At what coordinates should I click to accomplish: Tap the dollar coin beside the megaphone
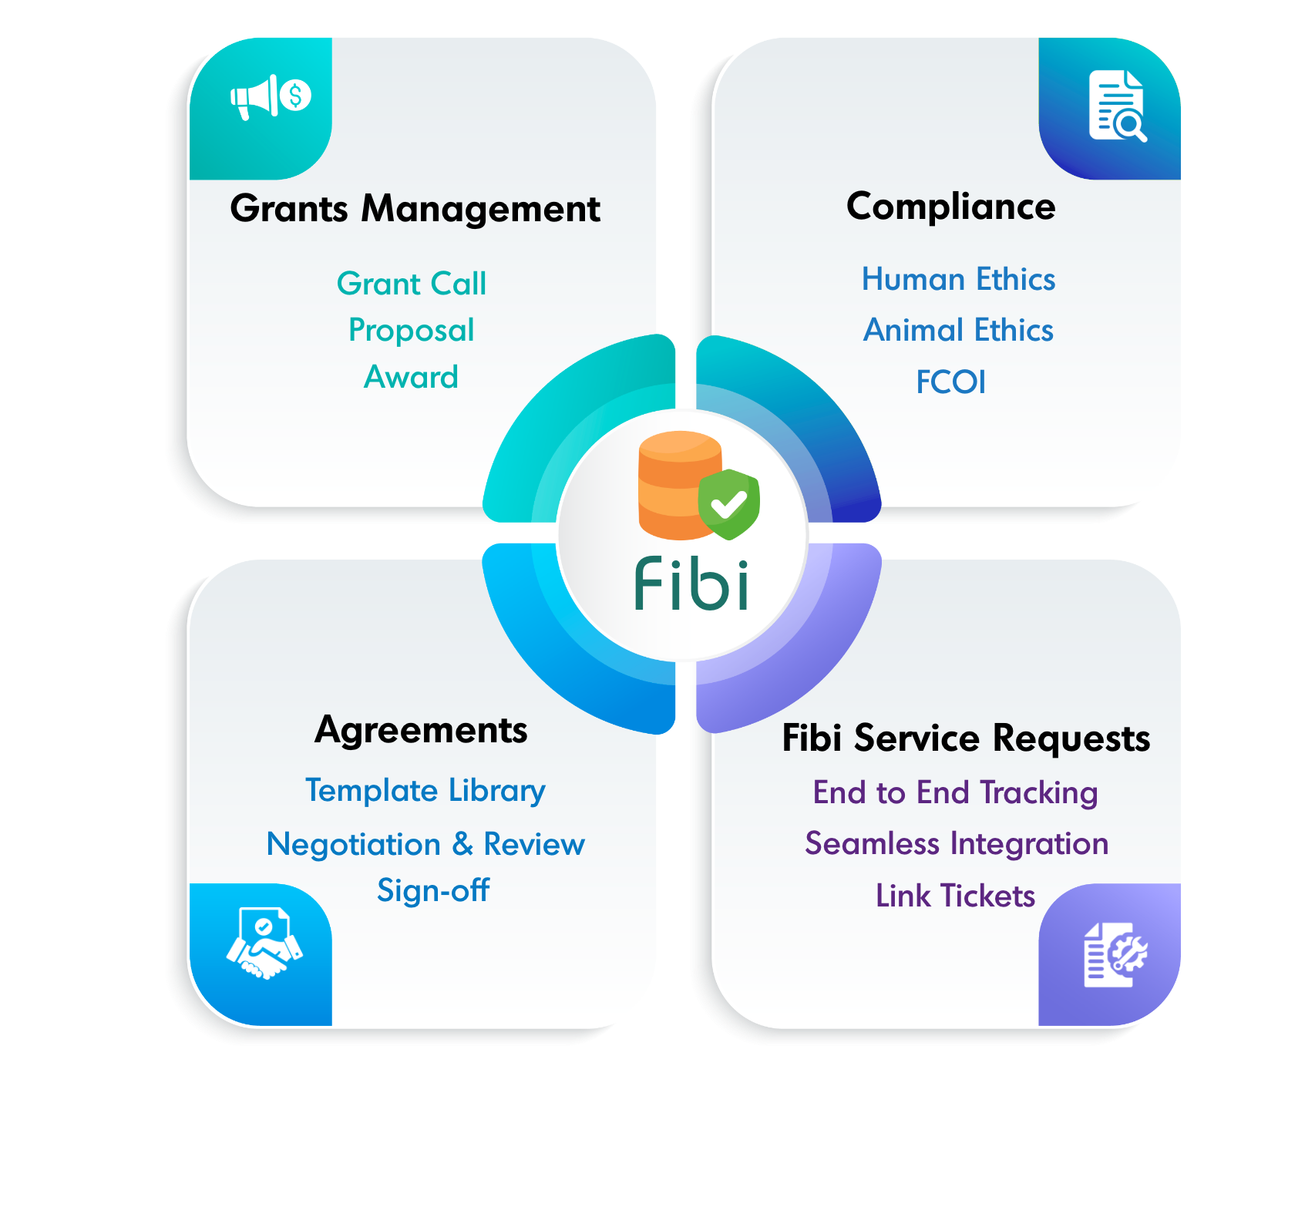(295, 96)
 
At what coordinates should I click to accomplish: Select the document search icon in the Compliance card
(1118, 106)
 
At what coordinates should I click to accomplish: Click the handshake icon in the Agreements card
(264, 943)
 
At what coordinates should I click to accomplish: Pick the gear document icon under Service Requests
(1115, 954)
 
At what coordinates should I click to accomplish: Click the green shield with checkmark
(728, 504)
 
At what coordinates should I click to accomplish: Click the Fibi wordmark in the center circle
(691, 583)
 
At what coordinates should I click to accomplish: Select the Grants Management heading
(415, 209)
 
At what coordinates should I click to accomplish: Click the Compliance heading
(951, 207)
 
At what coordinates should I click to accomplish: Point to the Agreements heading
(422, 730)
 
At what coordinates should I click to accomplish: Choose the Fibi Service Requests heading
(966, 738)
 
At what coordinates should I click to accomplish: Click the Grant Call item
(412, 284)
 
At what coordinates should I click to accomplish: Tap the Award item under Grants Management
(412, 377)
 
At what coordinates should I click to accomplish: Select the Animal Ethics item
(958, 330)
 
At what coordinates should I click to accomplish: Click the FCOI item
(951, 382)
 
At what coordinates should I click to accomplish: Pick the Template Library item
(425, 791)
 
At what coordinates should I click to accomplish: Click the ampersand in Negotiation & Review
(462, 844)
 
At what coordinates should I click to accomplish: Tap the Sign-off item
(433, 890)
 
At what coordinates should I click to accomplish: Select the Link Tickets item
(956, 896)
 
